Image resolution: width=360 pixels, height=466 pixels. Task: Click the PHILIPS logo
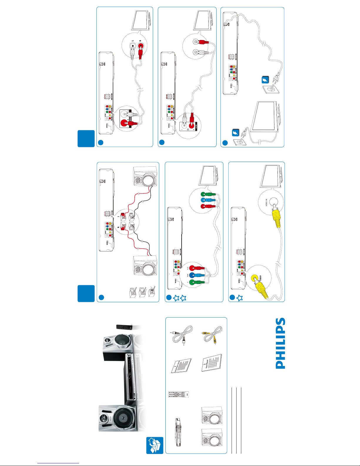280,343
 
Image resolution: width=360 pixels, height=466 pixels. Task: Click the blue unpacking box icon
155,445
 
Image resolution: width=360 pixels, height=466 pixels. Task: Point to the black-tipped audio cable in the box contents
181,335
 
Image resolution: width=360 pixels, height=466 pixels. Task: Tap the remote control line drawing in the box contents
179,394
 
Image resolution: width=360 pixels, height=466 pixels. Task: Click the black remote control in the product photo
124,327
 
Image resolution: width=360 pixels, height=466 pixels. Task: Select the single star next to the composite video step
240,298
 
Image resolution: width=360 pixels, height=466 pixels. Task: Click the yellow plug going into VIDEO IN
276,217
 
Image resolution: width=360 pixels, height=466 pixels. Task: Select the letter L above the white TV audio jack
133,41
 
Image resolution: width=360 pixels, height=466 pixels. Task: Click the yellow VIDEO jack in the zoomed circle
254,278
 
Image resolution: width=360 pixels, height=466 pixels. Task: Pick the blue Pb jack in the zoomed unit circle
192,275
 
